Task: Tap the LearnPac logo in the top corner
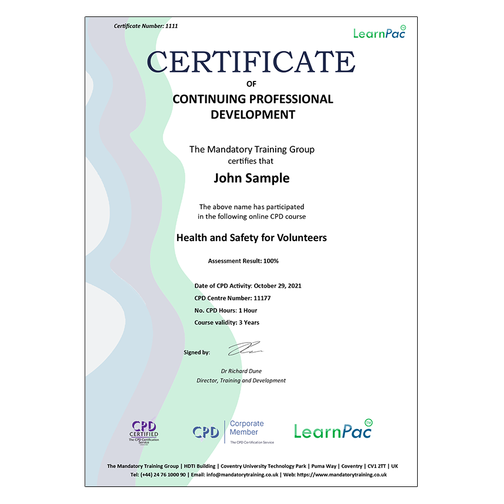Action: click(x=379, y=32)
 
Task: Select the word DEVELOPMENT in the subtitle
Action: click(x=253, y=114)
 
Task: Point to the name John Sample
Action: click(x=252, y=178)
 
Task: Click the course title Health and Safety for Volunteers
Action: click(x=252, y=238)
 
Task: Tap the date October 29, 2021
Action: click(x=278, y=286)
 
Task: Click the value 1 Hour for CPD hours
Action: click(x=246, y=310)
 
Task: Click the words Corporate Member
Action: click(x=246, y=428)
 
